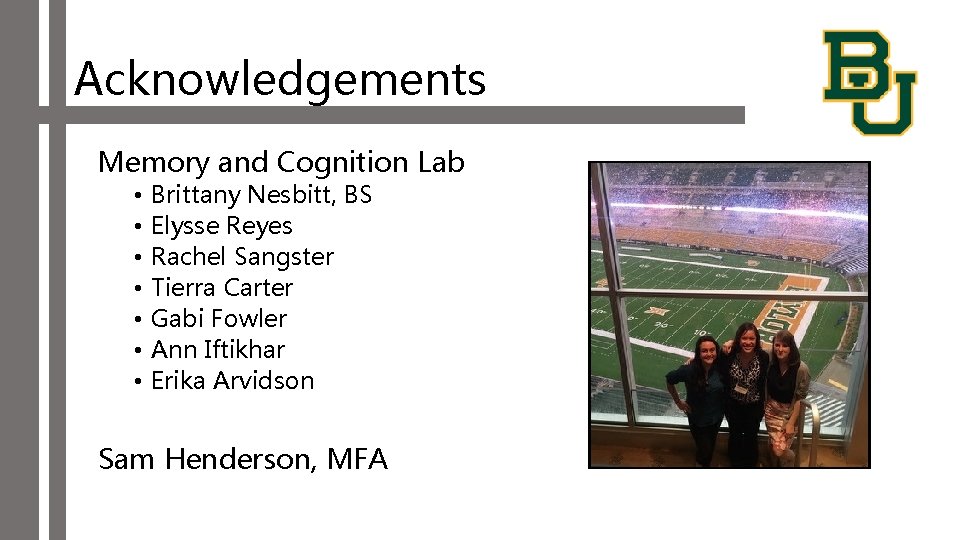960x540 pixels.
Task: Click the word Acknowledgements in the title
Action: tap(280, 78)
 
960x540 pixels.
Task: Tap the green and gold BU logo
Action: tap(868, 81)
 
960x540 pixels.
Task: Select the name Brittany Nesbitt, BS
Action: tap(261, 195)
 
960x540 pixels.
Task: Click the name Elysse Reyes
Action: tap(221, 226)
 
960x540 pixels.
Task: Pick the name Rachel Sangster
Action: tap(242, 257)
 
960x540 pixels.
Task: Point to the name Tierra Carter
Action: tap(222, 288)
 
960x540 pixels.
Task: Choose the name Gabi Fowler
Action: tap(218, 319)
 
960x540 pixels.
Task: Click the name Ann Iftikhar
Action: tap(217, 350)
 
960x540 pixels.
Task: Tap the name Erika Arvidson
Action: tap(232, 381)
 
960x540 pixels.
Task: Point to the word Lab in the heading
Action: tap(441, 162)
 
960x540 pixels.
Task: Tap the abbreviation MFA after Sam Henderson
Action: tap(356, 459)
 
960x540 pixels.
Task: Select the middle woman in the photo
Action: tap(745, 390)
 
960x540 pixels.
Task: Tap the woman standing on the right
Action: tap(785, 395)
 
